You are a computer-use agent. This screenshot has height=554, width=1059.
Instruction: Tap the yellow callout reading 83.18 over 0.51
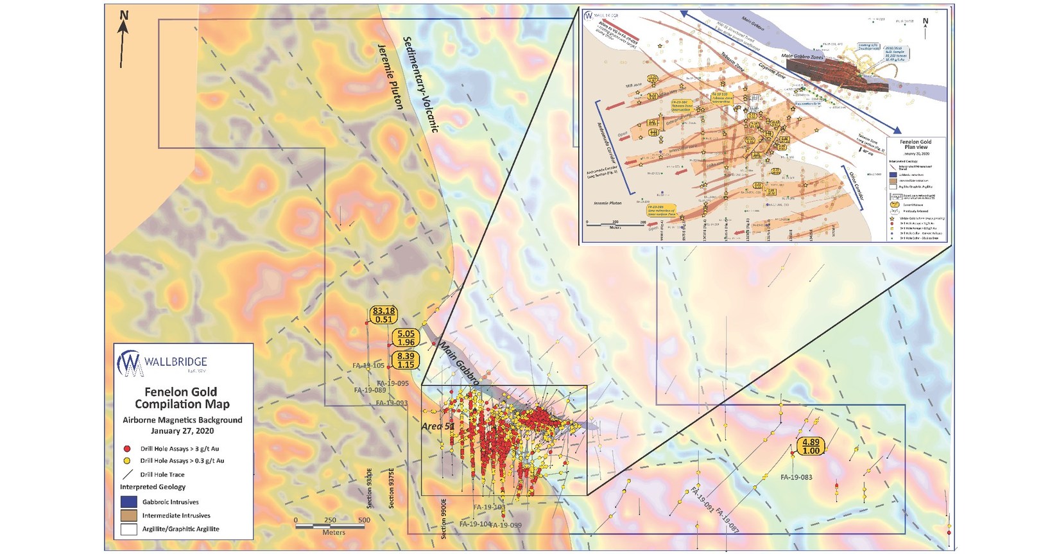(383, 315)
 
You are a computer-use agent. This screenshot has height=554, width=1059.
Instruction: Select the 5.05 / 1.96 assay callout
(406, 338)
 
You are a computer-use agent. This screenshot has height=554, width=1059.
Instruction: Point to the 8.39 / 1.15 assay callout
(406, 360)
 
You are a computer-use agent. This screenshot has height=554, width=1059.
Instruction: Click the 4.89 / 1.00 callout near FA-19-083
(811, 447)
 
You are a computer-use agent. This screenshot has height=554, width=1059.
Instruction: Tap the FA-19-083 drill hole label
(796, 477)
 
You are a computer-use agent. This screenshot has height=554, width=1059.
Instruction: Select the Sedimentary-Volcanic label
(420, 83)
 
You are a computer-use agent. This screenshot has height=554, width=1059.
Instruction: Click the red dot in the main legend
(127, 448)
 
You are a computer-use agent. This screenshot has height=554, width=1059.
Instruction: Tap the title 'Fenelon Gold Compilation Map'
(182, 398)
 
